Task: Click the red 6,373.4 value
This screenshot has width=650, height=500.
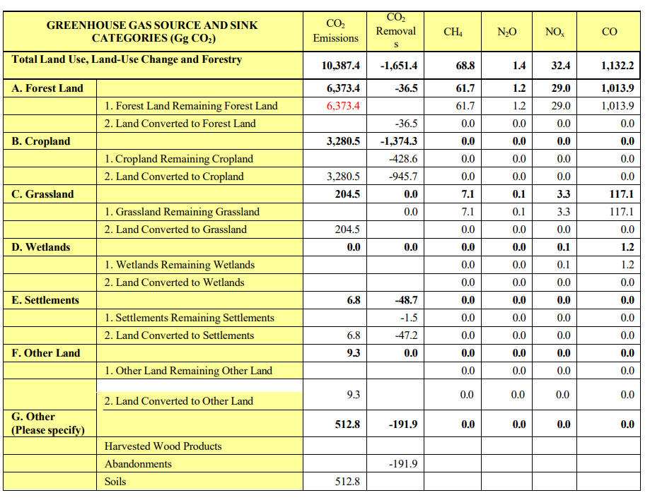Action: tap(343, 106)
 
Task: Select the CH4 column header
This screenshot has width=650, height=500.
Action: tap(453, 32)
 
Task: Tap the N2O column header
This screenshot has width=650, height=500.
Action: tap(506, 32)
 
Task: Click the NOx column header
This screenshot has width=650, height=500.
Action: tap(555, 32)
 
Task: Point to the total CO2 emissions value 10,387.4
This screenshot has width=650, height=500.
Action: tap(340, 66)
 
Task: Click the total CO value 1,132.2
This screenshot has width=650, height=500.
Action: tap(617, 66)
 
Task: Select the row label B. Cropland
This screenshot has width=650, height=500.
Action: tap(40, 141)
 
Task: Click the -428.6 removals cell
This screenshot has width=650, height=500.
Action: tap(403, 159)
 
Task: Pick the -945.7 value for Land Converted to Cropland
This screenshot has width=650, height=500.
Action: tap(403, 177)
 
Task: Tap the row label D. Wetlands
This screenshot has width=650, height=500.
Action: tap(40, 247)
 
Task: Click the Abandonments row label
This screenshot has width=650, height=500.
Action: tap(138, 464)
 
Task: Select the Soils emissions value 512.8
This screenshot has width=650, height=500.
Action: tap(347, 482)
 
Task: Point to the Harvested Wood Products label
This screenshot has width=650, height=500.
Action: tap(163, 446)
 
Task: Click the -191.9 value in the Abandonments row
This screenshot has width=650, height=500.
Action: tap(403, 464)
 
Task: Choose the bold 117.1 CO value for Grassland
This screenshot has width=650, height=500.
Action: tap(622, 194)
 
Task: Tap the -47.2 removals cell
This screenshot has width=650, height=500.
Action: tap(406, 335)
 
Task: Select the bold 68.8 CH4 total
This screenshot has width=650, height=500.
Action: tap(465, 66)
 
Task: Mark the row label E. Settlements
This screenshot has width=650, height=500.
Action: tap(45, 300)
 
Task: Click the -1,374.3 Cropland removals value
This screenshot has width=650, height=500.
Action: tap(399, 141)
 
